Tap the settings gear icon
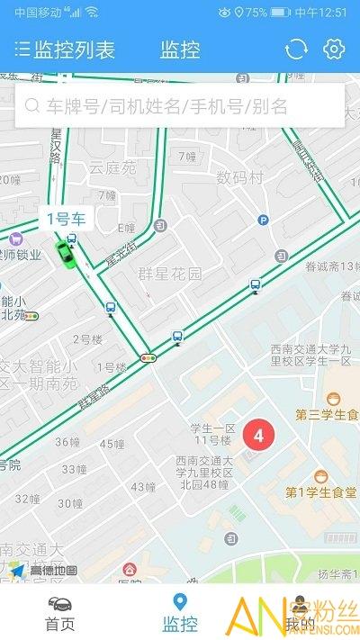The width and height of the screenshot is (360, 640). pos(335,49)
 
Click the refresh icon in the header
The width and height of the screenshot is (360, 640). pos(296,49)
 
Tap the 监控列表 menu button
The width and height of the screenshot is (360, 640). pos(65,50)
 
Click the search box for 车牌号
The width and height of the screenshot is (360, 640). pos(180,106)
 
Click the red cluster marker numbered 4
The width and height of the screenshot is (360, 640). pos(259,437)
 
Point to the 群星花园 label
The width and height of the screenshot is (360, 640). pos(170,274)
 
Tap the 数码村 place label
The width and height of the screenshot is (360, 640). pos(239,177)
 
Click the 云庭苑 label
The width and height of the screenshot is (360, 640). pos(112,167)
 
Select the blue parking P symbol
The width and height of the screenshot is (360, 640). pos(263,219)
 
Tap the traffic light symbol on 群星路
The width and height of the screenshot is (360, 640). pos(148,358)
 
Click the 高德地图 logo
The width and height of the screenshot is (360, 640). pos(45,570)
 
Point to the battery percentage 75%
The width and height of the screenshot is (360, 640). pos(256,13)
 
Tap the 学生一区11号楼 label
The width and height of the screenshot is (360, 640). pos(211,433)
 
